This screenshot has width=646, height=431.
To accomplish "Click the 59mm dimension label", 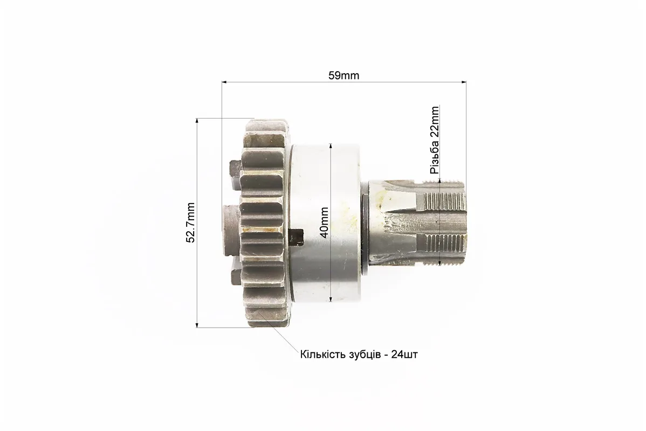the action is (x=343, y=76).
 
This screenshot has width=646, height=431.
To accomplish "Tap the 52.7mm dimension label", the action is (x=190, y=223).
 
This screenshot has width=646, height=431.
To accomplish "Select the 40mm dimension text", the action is (x=324, y=223).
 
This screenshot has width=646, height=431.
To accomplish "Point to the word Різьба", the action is (x=434, y=157).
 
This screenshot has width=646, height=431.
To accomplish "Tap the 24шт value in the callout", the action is (x=404, y=354).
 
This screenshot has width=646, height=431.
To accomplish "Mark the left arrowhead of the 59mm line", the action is (x=225, y=82).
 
